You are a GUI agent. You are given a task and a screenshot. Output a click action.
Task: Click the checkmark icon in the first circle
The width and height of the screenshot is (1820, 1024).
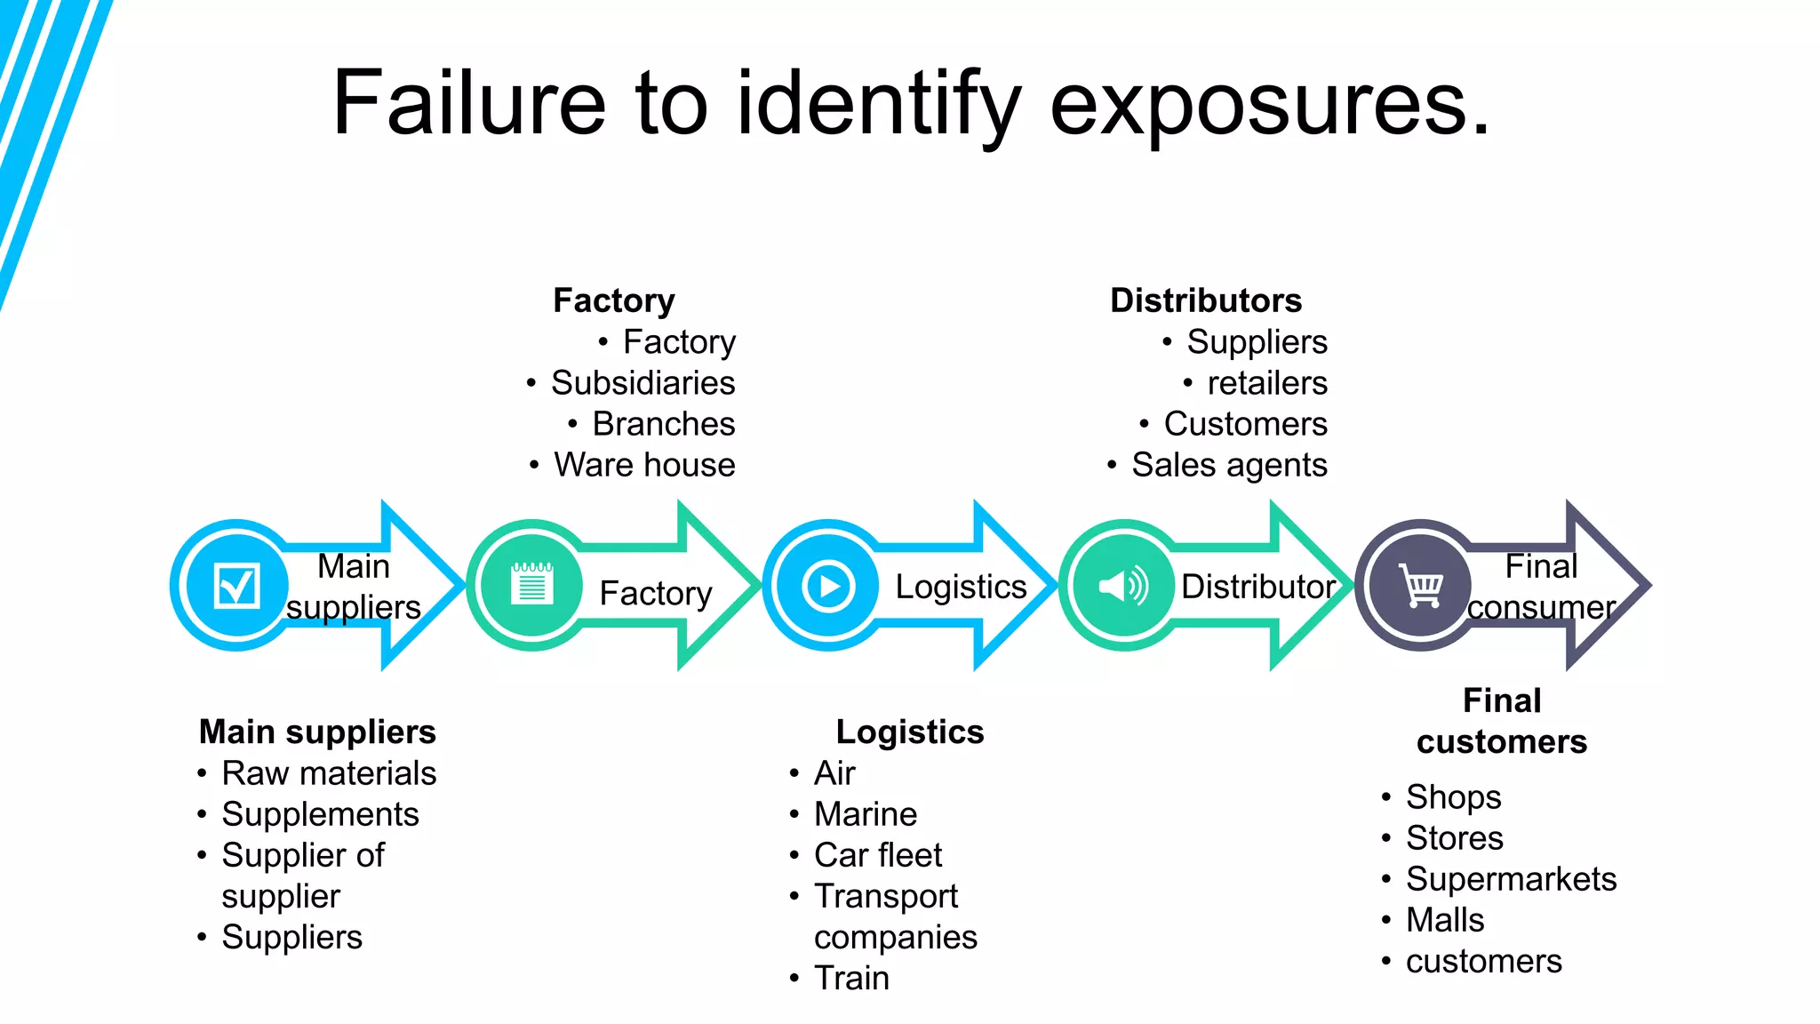pyautogui.click(x=236, y=586)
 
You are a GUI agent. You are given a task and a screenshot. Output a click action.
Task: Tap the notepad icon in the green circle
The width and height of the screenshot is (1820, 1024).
pyautogui.click(x=532, y=585)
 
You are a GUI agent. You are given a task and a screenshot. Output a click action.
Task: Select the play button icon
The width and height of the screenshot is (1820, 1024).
pyautogui.click(x=828, y=586)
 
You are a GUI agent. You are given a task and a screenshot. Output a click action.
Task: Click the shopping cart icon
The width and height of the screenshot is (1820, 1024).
pyautogui.click(x=1420, y=586)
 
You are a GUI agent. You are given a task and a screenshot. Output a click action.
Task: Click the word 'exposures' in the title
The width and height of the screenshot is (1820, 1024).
pyautogui.click(x=1269, y=105)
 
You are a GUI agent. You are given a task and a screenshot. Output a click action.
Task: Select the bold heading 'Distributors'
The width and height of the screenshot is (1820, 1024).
pyautogui.click(x=1206, y=300)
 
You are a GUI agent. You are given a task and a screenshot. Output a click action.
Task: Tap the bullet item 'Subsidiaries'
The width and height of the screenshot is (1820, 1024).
pyautogui.click(x=643, y=383)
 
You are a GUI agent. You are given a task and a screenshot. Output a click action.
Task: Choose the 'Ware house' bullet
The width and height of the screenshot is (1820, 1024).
pyautogui.click(x=644, y=465)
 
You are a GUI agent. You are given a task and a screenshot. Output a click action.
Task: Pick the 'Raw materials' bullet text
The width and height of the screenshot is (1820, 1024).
pyautogui.click(x=329, y=773)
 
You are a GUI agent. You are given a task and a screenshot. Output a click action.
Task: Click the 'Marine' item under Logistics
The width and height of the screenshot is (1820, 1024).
pyautogui.click(x=866, y=814)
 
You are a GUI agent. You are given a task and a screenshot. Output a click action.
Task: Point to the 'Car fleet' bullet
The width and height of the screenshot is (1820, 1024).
pyautogui.click(x=878, y=855)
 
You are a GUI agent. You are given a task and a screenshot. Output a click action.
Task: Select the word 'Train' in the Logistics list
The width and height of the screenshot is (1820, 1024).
pyautogui.click(x=851, y=978)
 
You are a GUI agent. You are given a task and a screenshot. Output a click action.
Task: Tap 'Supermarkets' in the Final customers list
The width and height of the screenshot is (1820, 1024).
pyautogui.click(x=1511, y=879)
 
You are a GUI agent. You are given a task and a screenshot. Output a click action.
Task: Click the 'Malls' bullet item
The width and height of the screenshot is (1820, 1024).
pyautogui.click(x=1445, y=920)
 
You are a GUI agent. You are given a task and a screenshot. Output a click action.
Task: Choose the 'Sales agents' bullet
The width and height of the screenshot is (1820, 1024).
pyautogui.click(x=1229, y=465)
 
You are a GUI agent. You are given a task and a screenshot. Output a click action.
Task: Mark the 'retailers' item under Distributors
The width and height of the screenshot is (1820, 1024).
pyautogui.click(x=1267, y=383)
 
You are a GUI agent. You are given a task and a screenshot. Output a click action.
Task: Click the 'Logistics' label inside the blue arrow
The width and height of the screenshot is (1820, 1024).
pyautogui.click(x=961, y=587)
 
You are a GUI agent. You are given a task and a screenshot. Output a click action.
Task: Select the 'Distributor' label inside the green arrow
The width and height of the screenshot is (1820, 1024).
pyautogui.click(x=1257, y=587)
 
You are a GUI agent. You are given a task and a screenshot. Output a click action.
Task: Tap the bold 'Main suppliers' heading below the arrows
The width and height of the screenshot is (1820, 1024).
pyautogui.click(x=317, y=732)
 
